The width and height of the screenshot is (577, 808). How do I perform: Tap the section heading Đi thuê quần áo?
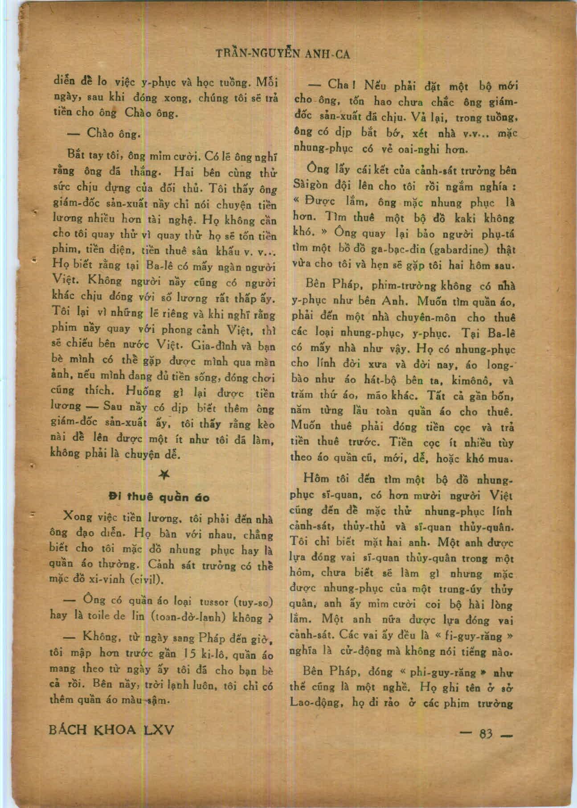pyautogui.click(x=160, y=497)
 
